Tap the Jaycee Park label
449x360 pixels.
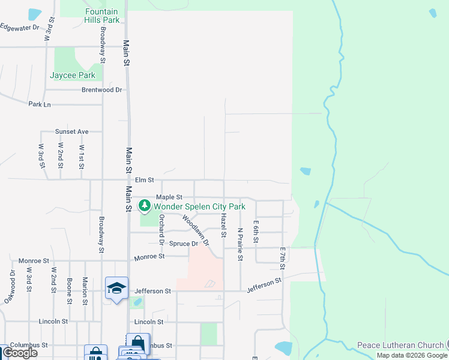coord(73,76)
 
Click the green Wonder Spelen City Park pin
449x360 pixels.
coord(145,206)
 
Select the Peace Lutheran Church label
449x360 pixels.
coord(400,345)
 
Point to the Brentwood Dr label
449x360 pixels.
coord(102,90)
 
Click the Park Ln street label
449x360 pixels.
coord(40,104)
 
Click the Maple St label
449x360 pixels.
coord(169,197)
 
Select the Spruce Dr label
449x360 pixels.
coord(183,244)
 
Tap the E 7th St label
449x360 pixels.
coord(282,258)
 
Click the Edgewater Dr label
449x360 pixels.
coord(19,27)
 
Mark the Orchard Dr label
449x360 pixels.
coord(161,229)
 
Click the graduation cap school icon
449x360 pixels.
coord(116,287)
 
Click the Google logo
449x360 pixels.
coord(20,353)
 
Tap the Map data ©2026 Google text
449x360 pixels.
coord(412,355)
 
